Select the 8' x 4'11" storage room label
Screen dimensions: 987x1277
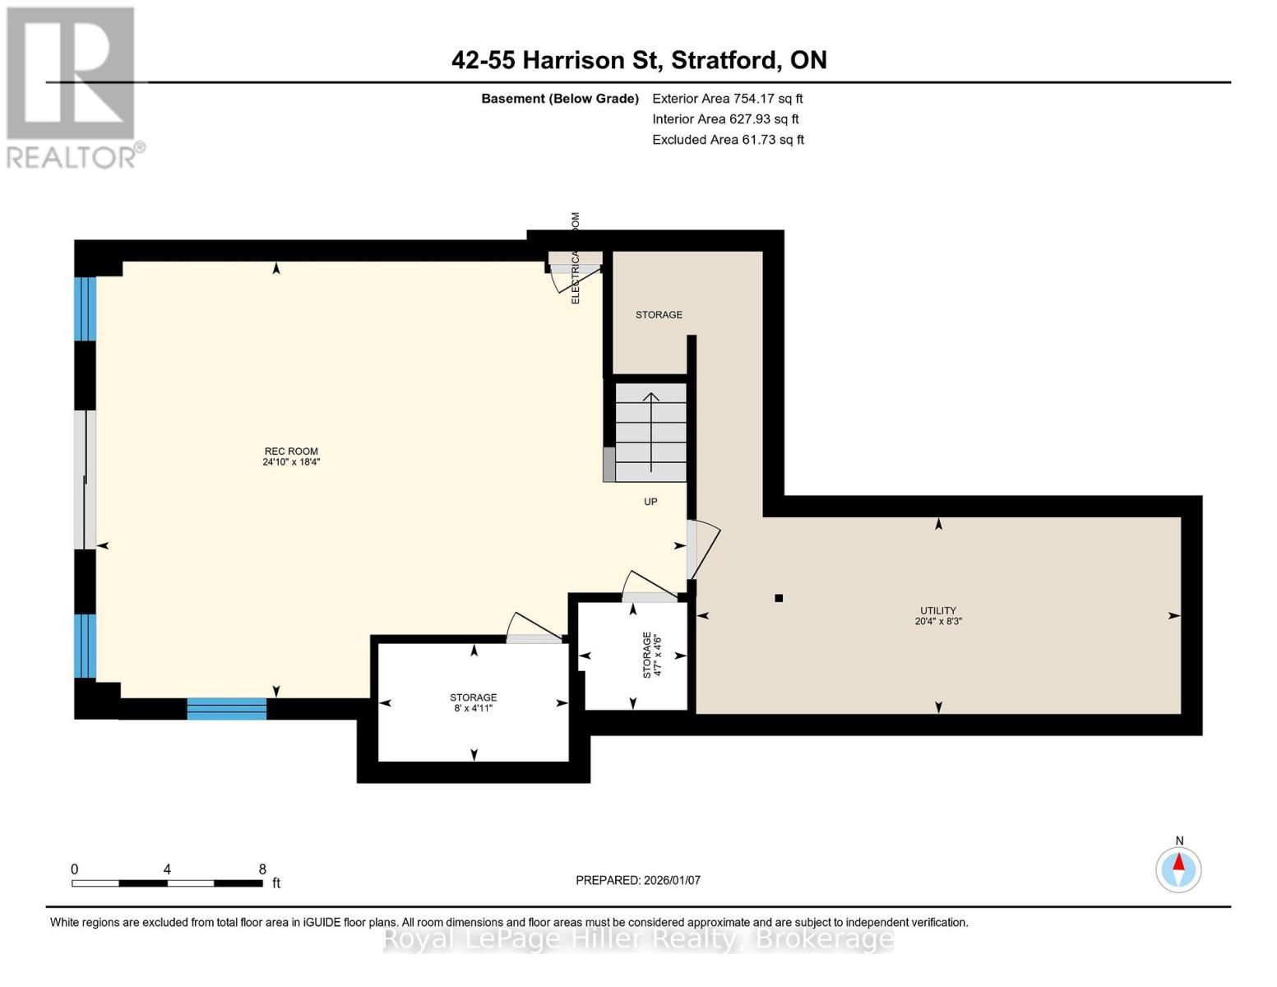(x=473, y=702)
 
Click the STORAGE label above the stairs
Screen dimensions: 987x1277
(x=659, y=315)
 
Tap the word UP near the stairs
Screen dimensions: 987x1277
(x=650, y=502)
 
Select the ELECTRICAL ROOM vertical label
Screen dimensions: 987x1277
(x=576, y=258)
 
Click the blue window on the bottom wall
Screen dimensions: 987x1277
(x=227, y=708)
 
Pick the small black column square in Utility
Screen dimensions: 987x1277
(x=779, y=598)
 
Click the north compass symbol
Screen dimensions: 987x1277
(x=1178, y=869)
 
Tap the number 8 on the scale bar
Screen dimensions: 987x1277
(x=262, y=869)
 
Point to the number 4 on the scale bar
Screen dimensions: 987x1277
(x=167, y=869)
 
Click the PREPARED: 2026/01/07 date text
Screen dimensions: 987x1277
(x=638, y=880)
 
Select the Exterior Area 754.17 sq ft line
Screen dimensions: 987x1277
(x=727, y=99)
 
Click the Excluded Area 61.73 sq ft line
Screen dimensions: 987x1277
(x=728, y=140)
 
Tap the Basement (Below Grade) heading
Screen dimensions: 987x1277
(x=560, y=99)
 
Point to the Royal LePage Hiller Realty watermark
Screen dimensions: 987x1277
(x=638, y=938)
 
